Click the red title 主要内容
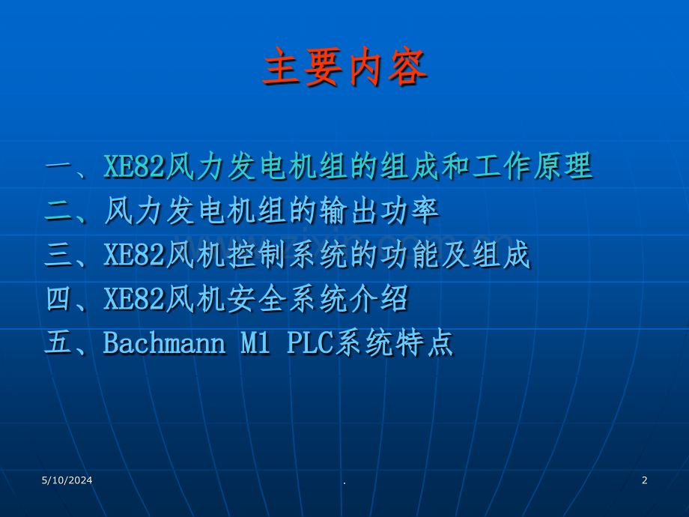tap(345, 67)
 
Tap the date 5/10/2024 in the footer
tap(67, 480)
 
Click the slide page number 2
tap(644, 480)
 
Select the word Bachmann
tap(164, 343)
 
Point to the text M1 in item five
tap(255, 343)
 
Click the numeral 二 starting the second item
tap(59, 211)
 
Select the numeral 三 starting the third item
tap(59, 255)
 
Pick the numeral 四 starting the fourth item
tap(59, 299)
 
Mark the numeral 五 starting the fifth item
tap(59, 343)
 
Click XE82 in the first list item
tap(133, 167)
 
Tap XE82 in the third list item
tap(133, 255)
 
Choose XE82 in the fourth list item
tap(133, 299)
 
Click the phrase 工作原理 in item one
tap(532, 166)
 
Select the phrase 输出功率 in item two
tap(380, 211)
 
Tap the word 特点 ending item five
tap(425, 343)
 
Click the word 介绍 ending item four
tap(380, 299)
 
